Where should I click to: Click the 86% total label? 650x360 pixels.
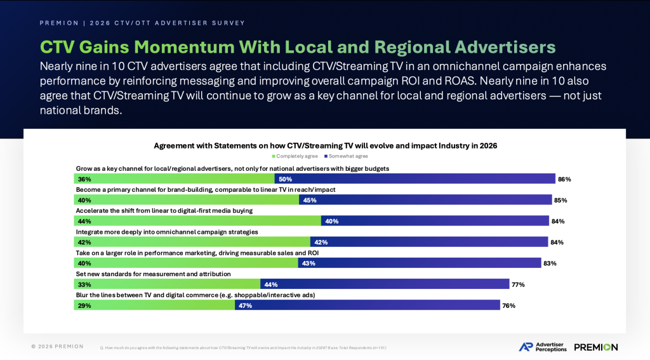pyautogui.click(x=564, y=179)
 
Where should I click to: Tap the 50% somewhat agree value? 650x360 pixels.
pyautogui.click(x=285, y=179)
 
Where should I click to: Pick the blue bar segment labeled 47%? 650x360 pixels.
pyautogui.click(x=367, y=305)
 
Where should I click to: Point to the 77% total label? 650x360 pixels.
pyautogui.click(x=518, y=284)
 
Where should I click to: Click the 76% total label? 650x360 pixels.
pyautogui.click(x=508, y=305)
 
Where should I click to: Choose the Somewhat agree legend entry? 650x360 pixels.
pyautogui.click(x=348, y=156)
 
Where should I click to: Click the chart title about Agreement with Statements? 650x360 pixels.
pyautogui.click(x=325, y=145)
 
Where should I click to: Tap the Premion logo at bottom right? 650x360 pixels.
pyautogui.click(x=595, y=347)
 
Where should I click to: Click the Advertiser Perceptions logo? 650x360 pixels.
pyautogui.click(x=543, y=347)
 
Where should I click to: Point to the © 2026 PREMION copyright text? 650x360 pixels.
pyautogui.click(x=57, y=347)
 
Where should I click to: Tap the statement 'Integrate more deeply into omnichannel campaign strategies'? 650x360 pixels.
pyautogui.click(x=167, y=232)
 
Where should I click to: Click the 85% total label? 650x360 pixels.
pyautogui.click(x=560, y=200)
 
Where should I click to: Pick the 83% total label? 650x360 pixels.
pyautogui.click(x=550, y=263)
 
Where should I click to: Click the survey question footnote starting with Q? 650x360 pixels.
pyautogui.click(x=244, y=348)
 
